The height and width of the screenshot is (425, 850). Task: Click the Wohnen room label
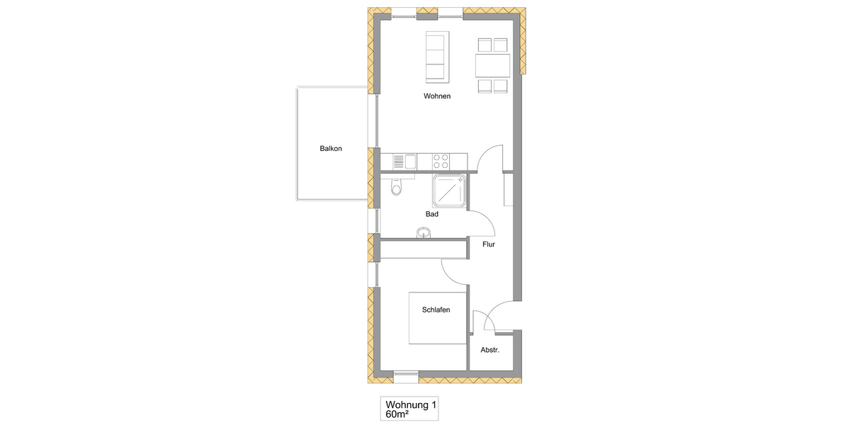(437, 96)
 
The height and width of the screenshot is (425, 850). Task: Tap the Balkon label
(331, 149)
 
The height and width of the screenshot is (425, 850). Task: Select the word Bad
(432, 214)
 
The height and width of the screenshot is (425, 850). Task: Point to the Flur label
(488, 244)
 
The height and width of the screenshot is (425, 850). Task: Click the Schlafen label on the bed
(436, 310)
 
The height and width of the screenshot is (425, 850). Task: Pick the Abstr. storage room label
(490, 350)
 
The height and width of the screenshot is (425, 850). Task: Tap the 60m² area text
(397, 414)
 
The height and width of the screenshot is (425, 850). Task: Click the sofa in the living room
(435, 56)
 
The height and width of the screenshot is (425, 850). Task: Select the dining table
(492, 67)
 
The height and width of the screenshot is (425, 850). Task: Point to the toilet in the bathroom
(396, 187)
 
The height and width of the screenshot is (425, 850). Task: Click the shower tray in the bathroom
(448, 191)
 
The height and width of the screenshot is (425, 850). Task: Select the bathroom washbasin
(424, 232)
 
